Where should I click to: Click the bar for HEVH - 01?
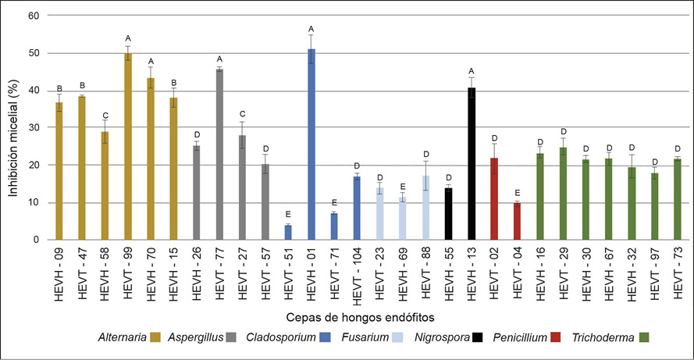(311, 144)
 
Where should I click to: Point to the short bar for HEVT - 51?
(288, 232)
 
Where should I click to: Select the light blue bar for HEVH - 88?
(425, 208)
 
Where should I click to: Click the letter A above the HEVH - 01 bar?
(311, 29)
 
